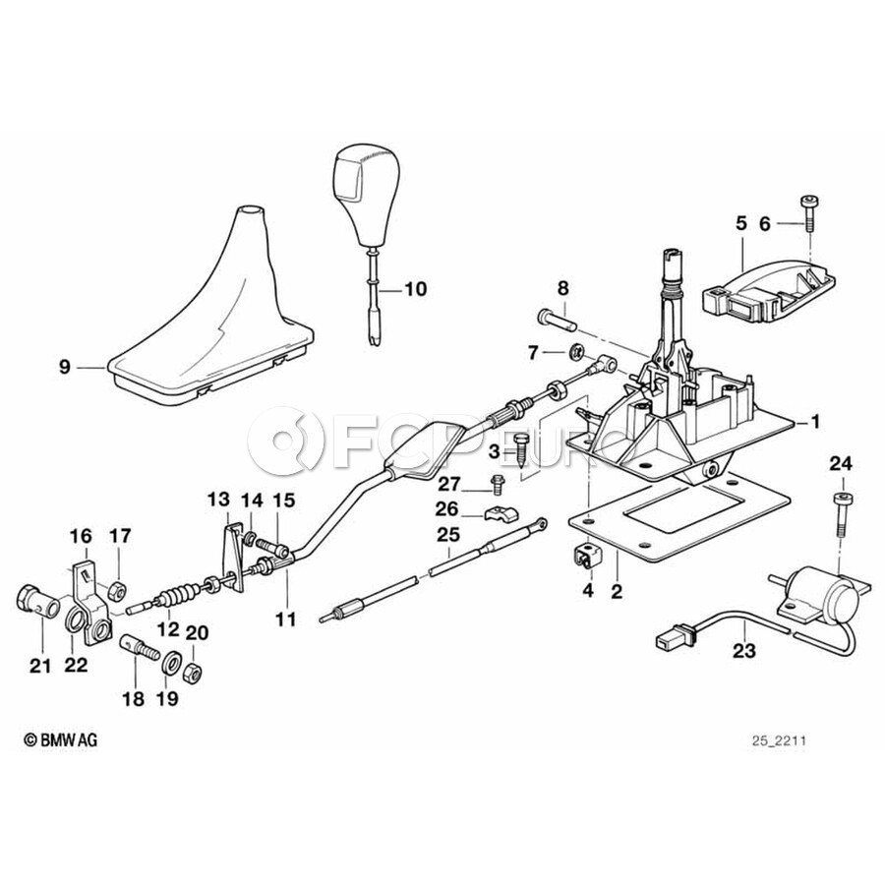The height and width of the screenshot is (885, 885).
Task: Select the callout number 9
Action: (x=65, y=368)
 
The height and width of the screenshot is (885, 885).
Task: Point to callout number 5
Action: (x=741, y=223)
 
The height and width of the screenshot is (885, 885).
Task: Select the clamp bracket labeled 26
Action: (x=501, y=514)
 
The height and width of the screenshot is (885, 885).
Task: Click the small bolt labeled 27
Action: (x=498, y=485)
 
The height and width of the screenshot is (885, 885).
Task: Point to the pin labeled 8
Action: (x=557, y=319)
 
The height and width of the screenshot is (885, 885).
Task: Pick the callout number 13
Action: (x=218, y=501)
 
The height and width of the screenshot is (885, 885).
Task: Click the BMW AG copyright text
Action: (x=61, y=739)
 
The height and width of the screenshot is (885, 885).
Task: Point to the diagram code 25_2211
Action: (x=779, y=740)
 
